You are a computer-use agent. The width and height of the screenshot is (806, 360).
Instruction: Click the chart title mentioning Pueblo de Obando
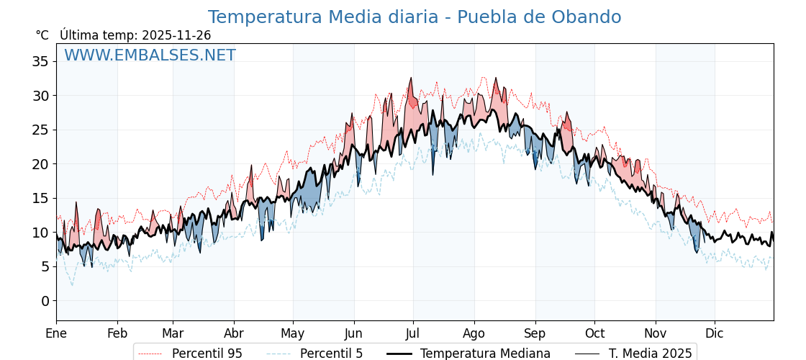[415, 17]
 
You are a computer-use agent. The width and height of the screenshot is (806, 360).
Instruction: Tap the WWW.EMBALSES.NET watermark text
[150, 55]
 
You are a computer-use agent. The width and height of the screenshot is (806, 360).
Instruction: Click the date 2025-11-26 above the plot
[176, 35]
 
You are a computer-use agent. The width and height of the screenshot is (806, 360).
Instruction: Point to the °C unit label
[42, 35]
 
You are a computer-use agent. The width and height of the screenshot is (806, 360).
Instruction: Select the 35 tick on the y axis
[40, 61]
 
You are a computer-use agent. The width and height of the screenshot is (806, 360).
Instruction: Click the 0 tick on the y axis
[45, 300]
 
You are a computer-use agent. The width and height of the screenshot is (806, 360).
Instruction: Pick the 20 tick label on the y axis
[40, 163]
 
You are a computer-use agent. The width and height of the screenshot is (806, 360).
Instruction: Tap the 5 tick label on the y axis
[45, 266]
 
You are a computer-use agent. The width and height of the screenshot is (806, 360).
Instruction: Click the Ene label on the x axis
[56, 333]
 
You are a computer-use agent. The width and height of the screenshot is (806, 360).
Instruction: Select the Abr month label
[234, 333]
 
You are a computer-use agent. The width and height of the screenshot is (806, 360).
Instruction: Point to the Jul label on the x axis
[413, 333]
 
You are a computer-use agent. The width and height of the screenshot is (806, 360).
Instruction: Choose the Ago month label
[474, 333]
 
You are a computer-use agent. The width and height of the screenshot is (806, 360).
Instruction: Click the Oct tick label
[594, 333]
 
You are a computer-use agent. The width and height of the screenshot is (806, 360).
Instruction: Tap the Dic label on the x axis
[715, 333]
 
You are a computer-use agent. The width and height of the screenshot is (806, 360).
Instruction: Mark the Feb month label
[117, 333]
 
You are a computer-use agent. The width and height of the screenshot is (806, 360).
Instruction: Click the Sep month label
[535, 333]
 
